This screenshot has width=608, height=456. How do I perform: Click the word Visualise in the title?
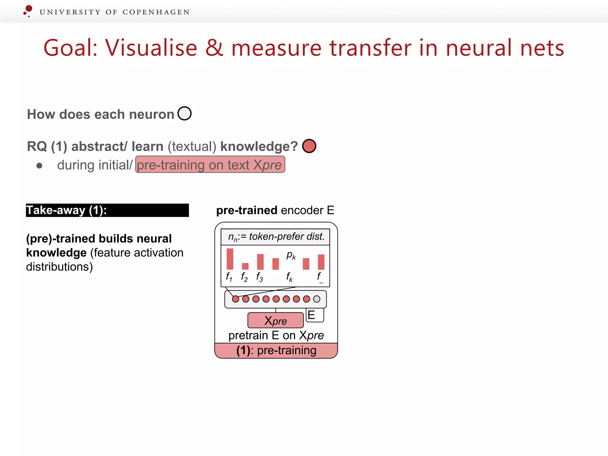click(151, 48)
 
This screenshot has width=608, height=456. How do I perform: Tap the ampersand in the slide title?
click(214, 48)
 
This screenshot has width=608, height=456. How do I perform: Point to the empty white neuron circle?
click(184, 113)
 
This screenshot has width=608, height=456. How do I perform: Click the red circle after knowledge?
click(309, 146)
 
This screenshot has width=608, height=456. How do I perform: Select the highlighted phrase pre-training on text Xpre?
click(210, 165)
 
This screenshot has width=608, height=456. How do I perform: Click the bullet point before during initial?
click(39, 166)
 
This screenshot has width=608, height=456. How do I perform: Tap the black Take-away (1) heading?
click(107, 210)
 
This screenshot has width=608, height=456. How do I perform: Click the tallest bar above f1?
click(230, 259)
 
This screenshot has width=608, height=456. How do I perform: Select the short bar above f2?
click(245, 266)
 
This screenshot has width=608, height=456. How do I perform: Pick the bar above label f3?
click(260, 262)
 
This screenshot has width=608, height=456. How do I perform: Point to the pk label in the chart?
click(291, 255)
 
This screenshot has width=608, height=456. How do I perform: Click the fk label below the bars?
click(289, 277)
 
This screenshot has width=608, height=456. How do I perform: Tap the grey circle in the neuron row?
click(317, 299)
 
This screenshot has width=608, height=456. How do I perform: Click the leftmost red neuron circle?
click(235, 299)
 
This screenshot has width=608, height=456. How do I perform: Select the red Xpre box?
click(275, 320)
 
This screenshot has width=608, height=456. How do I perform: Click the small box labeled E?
click(314, 315)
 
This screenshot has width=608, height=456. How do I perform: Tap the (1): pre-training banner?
click(276, 351)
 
